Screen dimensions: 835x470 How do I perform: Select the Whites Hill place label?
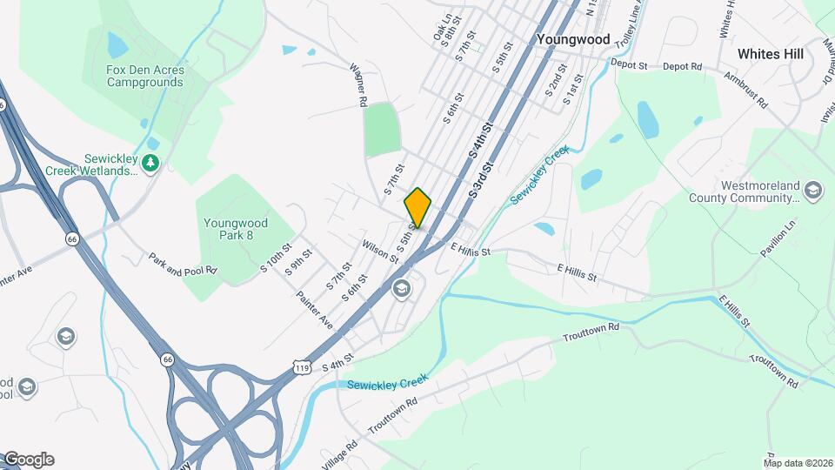tap(770, 53)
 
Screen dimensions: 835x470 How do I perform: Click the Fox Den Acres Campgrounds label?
tap(145, 76)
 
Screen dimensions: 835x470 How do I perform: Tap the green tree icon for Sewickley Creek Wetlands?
tap(150, 163)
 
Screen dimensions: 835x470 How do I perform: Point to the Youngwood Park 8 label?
tap(235, 228)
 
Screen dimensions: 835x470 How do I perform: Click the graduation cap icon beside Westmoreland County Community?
tap(812, 191)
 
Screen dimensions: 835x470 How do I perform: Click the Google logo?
tap(28, 460)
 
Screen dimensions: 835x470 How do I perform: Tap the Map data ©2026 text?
tap(797, 462)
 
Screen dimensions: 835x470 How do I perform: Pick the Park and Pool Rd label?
tap(182, 265)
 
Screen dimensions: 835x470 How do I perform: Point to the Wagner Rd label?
tap(359, 84)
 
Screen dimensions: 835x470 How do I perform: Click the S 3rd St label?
tap(481, 178)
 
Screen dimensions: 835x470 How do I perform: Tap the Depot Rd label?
tap(682, 66)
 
